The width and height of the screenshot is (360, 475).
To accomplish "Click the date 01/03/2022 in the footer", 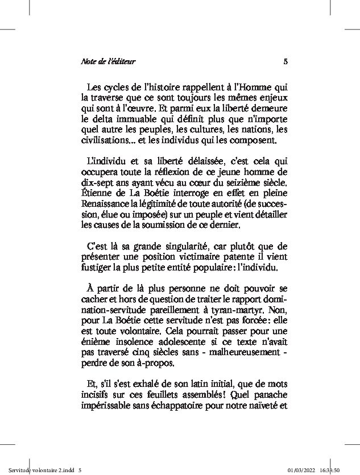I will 304,470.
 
